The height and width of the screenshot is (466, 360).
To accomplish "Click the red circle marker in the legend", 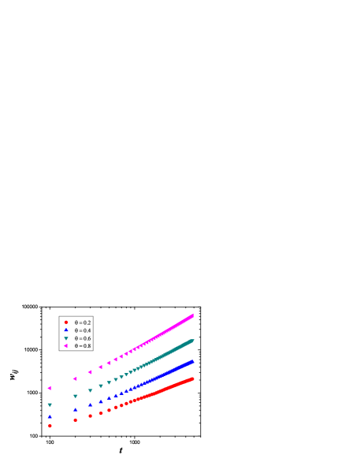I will [x=66, y=322].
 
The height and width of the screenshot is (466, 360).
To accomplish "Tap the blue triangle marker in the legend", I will [x=66, y=330].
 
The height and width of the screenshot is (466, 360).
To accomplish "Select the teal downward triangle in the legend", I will [x=66, y=338].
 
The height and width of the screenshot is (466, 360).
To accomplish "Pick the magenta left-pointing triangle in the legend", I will [x=66, y=346].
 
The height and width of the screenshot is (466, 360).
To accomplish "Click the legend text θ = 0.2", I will [x=83, y=322].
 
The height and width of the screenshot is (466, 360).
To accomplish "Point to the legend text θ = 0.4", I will [x=83, y=330].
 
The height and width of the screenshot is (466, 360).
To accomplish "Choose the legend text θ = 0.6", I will [x=83, y=338].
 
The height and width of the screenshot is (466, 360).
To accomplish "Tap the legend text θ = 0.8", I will [x=83, y=346].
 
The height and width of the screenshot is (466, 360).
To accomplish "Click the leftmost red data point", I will [x=50, y=426].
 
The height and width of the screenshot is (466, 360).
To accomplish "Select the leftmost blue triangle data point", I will [x=50, y=416].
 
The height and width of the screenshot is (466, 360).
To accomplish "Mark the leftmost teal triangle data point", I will [x=50, y=405].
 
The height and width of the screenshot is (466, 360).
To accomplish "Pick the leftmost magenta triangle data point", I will [x=50, y=388].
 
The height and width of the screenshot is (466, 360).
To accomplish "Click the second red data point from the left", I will [x=76, y=420].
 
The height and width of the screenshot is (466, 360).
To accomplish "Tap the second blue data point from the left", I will [x=76, y=409].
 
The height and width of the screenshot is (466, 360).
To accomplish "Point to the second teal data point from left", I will [x=76, y=397].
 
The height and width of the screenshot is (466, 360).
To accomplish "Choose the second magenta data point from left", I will [x=75, y=379].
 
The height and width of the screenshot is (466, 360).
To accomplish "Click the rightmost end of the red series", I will [x=192, y=378].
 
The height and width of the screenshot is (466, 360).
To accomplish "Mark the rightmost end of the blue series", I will [x=192, y=361].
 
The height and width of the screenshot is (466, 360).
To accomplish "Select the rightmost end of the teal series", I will [x=192, y=341].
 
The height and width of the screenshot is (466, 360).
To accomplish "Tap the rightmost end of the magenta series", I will [x=192, y=315].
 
